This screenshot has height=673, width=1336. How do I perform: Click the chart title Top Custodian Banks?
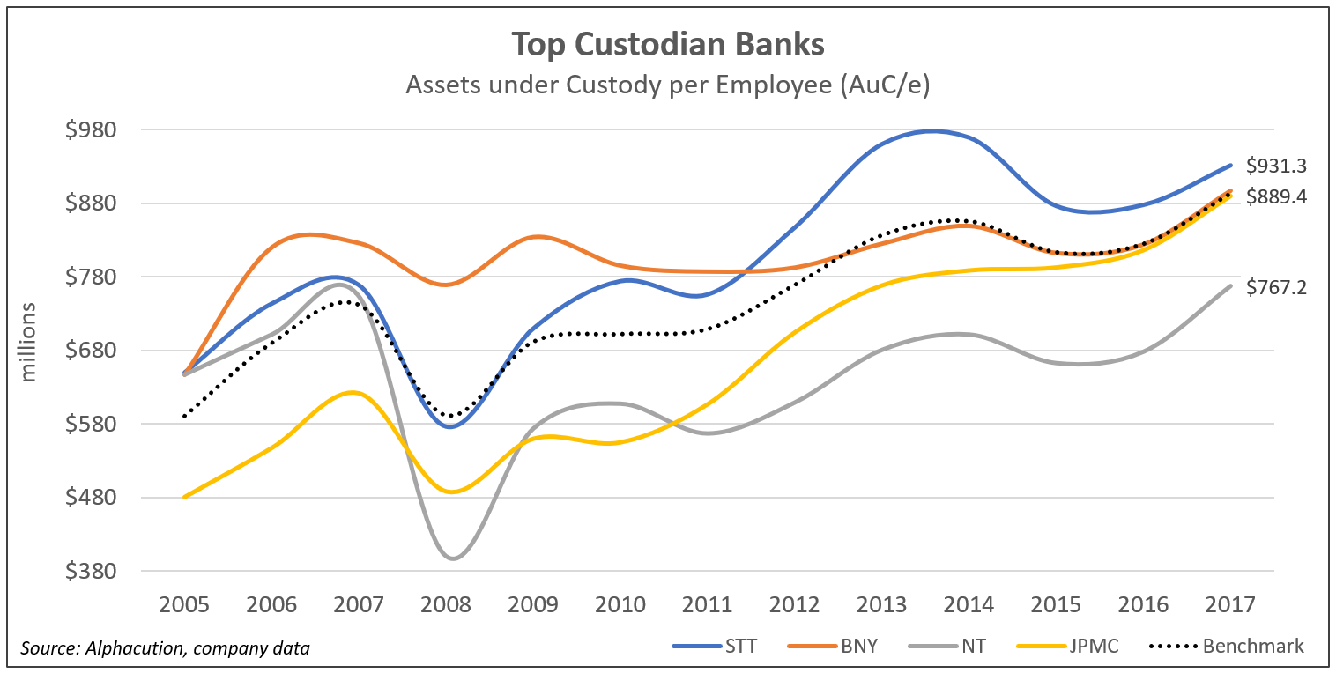[667, 45]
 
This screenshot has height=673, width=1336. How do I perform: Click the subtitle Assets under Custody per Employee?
[667, 85]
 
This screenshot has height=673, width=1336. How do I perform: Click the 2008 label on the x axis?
[447, 605]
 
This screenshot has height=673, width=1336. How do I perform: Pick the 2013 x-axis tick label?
[883, 605]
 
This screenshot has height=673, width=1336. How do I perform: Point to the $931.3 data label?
[1276, 166]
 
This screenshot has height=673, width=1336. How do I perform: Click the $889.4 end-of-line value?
[1276, 197]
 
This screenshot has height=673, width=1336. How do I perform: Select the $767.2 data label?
[1276, 286]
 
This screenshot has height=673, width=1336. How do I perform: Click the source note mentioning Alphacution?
[165, 649]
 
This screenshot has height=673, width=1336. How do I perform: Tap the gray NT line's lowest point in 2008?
[452, 558]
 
